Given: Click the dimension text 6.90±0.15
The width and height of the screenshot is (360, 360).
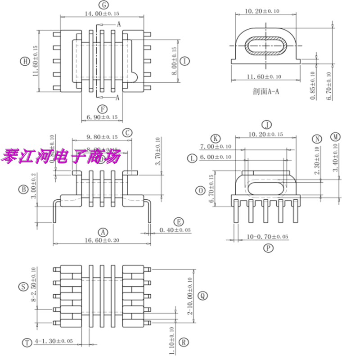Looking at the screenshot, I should click(102, 117).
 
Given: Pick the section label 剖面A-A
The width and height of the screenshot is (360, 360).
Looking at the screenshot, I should click(266, 91).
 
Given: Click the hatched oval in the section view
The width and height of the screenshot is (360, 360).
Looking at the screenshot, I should click(265, 45).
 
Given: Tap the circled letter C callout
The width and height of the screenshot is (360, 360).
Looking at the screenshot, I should click(128, 132).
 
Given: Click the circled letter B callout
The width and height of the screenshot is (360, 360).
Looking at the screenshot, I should click(23, 189).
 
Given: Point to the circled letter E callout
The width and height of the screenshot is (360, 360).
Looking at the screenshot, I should click(179, 222).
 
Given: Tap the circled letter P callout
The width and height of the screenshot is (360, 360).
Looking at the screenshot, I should click(268, 247).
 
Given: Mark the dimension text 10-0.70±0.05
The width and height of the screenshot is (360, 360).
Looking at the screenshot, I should click(267, 237).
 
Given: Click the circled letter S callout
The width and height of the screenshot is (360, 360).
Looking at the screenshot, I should click(22, 286).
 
